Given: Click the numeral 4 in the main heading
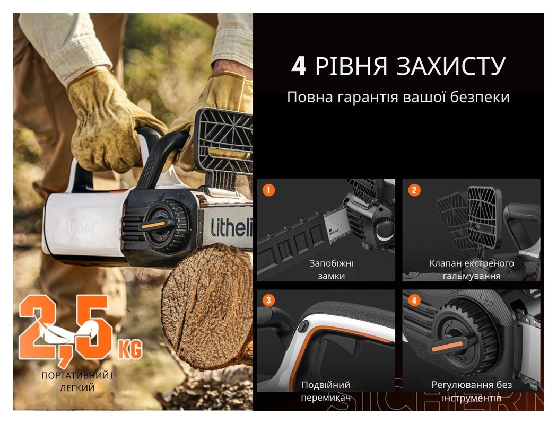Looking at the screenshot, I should [x=299, y=67].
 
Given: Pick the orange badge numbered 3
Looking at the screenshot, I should [x=269, y=301].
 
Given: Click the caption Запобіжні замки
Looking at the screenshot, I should [x=332, y=269].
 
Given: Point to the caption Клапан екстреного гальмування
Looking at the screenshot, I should [x=471, y=269].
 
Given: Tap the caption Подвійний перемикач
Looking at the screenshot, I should [x=326, y=391].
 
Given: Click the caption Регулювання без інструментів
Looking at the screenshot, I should [x=471, y=391].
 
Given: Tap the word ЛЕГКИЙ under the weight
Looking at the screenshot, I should [x=77, y=388].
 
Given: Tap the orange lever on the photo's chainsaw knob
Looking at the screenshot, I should [x=153, y=225].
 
